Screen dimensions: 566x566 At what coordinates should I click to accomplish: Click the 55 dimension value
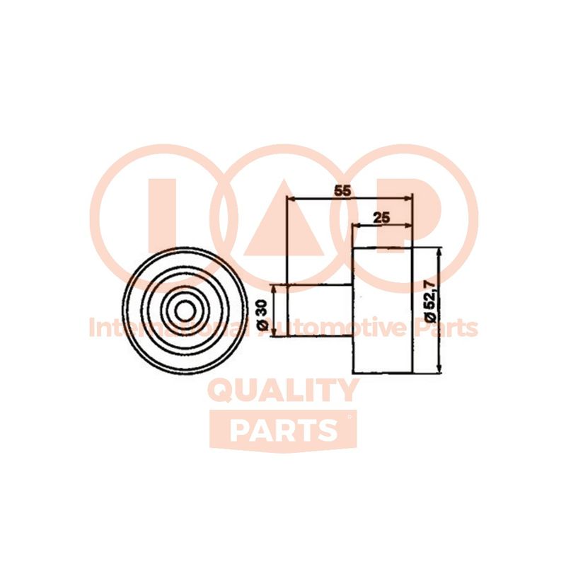click(342, 190)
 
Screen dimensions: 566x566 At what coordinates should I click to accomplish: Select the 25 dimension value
click(381, 218)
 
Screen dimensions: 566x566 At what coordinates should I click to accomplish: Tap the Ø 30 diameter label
click(262, 314)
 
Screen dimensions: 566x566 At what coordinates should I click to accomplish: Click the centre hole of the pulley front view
click(185, 311)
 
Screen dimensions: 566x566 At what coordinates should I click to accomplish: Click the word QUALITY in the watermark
click(283, 391)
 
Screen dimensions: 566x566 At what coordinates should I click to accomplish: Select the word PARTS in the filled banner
click(283, 431)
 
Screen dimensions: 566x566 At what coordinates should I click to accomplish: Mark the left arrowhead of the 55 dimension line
click(289, 198)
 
